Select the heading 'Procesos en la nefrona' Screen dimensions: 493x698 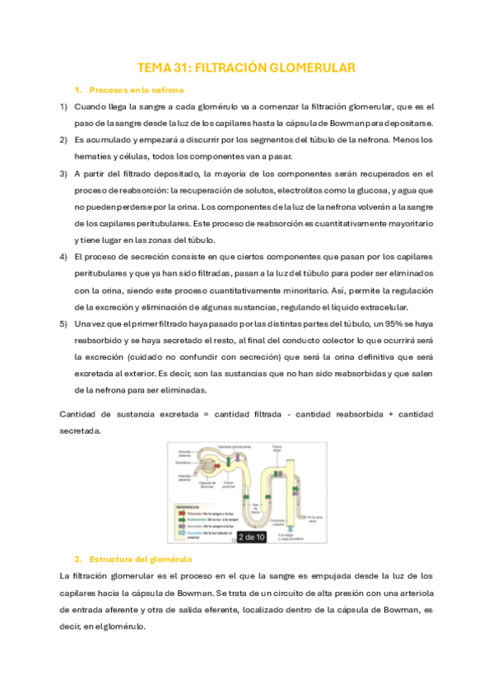[136, 90]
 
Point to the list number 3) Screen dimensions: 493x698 [63, 174]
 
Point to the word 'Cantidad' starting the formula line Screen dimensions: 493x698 [80, 413]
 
